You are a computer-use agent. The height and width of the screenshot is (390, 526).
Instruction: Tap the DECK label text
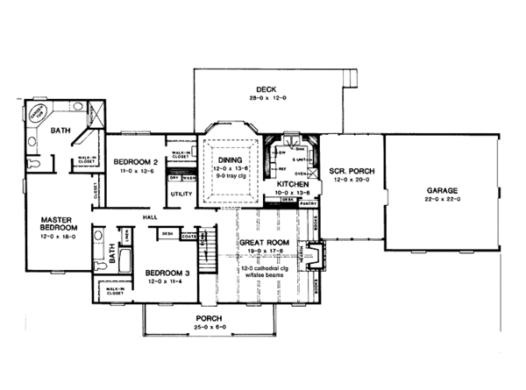[267, 89]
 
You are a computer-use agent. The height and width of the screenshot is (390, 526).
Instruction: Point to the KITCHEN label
[293, 185]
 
